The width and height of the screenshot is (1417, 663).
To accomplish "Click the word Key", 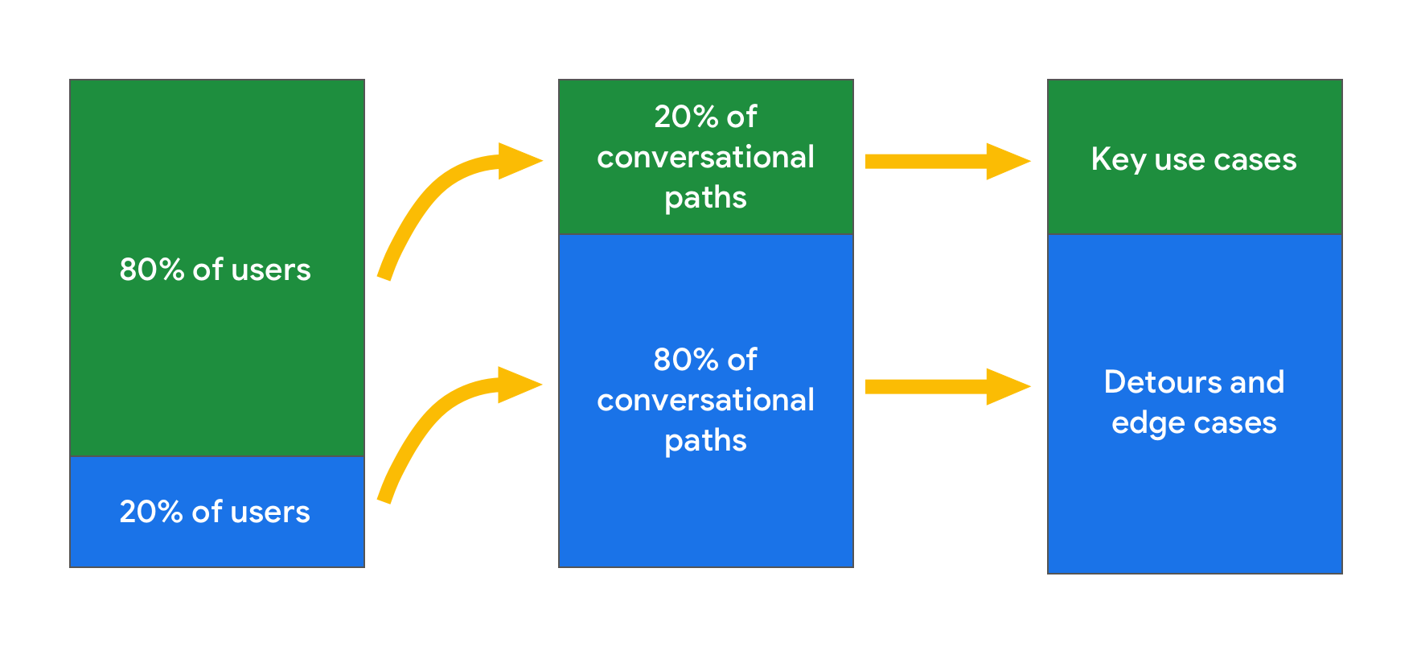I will (1118, 159).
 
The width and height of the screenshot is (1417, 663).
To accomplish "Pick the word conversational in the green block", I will (705, 157).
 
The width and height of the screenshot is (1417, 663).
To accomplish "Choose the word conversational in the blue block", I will (705, 400).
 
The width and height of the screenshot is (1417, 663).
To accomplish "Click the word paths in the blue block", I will (705, 441).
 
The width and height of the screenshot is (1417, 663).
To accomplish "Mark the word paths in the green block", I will (705, 198).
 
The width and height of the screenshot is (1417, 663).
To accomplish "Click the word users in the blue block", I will (270, 512).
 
